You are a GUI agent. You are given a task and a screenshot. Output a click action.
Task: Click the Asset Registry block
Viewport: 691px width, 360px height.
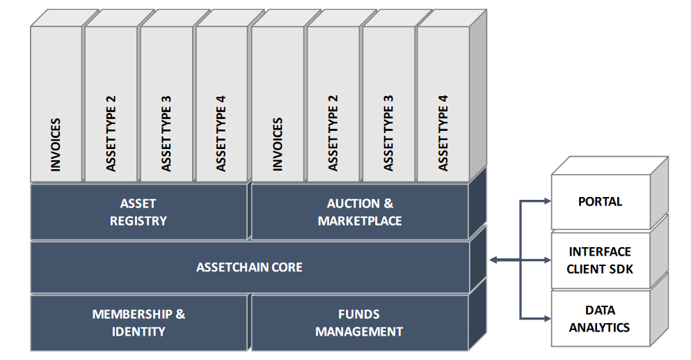(138, 212)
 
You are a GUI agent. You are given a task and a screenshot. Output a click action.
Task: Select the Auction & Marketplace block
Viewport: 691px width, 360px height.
(360, 212)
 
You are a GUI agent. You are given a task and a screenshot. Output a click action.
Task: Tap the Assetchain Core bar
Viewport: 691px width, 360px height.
(249, 267)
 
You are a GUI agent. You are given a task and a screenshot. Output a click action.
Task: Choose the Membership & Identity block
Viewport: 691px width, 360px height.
(138, 322)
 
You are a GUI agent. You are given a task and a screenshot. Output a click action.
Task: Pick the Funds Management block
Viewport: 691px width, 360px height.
(360, 322)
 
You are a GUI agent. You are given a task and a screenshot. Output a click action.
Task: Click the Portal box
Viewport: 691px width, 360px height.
(600, 202)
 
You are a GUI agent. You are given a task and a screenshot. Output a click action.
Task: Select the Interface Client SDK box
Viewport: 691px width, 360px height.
(600, 260)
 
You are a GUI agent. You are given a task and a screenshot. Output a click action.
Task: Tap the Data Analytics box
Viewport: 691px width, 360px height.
(600, 318)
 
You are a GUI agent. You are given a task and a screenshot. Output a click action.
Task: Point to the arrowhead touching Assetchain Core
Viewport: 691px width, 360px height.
(494, 260)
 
